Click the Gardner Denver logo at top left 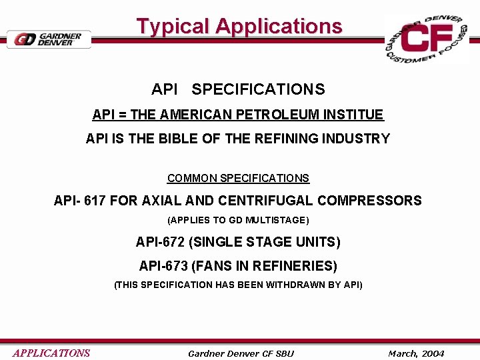point(48,39)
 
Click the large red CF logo point(427,39)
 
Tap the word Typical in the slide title point(173,27)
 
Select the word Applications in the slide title point(279,27)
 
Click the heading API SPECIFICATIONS point(238,89)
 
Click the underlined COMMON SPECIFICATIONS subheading point(238,179)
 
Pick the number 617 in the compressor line point(95,201)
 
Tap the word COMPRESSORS point(369,201)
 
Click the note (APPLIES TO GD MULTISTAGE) point(238,220)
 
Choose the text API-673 point(163,266)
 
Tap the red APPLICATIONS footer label point(51,353)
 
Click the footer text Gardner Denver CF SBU point(241,353)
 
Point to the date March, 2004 point(416,353)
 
